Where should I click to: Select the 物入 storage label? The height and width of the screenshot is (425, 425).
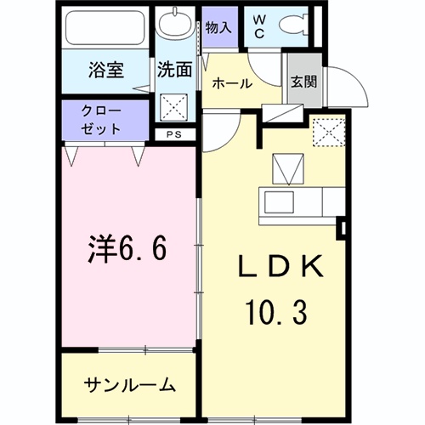[x=218, y=27]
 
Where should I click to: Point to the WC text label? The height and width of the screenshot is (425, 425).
[x=261, y=26]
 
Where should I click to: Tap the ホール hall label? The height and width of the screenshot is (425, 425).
[x=230, y=83]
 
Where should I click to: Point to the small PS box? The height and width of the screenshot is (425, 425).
[x=173, y=134]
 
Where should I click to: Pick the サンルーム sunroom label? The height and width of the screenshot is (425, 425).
[x=129, y=385]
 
